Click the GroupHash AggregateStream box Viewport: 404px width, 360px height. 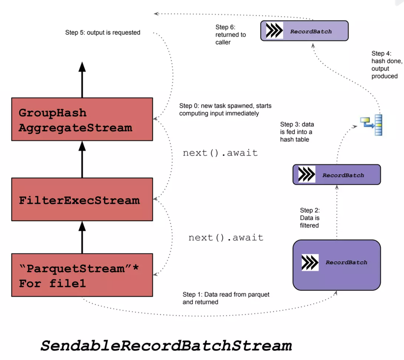pyautogui.click(x=82, y=119)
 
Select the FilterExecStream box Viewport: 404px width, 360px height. pyautogui.click(x=82, y=199)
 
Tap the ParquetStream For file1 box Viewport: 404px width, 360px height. pyautogui.click(x=82, y=275)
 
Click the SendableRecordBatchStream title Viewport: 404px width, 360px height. pyautogui.click(x=166, y=345)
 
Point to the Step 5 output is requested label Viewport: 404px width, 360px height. pyautogui.click(x=103, y=33)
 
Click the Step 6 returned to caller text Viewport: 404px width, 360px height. pyautogui.click(x=230, y=35)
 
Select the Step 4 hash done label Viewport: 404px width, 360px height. pyautogui.click(x=386, y=65)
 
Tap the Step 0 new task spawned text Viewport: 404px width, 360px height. pyautogui.click(x=225, y=110)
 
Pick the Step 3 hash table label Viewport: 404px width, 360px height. pyautogui.click(x=297, y=132)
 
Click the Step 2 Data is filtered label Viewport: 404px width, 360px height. pyautogui.click(x=310, y=218)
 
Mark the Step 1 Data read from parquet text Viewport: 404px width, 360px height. pyautogui.click(x=226, y=298)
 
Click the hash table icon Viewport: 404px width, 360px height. pyautogui.click(x=372, y=124)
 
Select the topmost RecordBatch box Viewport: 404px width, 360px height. pyautogui.click(x=304, y=31)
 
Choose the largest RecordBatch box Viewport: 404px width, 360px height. pyautogui.click(x=336, y=265)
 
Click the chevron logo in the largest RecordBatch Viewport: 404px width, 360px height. pyautogui.click(x=310, y=262)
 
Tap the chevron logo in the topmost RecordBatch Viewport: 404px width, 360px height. pyautogui.click(x=274, y=31)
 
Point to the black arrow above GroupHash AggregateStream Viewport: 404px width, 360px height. pyautogui.click(x=82, y=79)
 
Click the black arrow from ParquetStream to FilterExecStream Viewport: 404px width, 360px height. pyautogui.click(x=82, y=237)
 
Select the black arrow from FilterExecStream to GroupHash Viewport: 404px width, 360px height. pyautogui.click(x=82, y=159)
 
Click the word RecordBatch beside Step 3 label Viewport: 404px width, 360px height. pyautogui.click(x=343, y=175)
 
